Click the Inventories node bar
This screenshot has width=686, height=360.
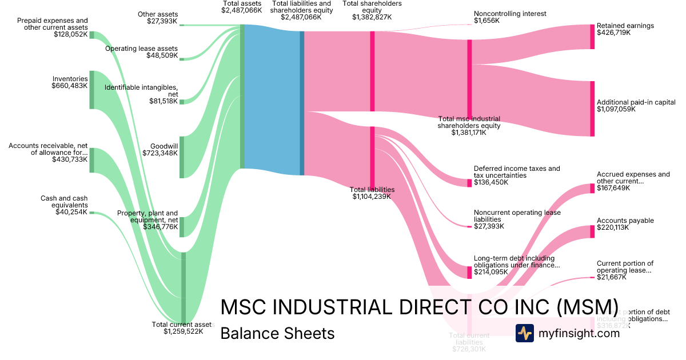click(x=91, y=90)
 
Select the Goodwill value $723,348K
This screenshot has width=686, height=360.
click(x=160, y=153)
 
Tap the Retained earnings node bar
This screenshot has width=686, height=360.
click(x=592, y=37)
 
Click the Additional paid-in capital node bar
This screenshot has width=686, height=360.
click(x=592, y=109)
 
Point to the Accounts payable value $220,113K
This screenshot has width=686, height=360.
click(x=613, y=227)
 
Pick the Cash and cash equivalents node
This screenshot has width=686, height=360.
click(x=91, y=213)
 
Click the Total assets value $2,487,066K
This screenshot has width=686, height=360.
click(x=242, y=10)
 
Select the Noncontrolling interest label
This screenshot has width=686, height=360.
click(x=510, y=14)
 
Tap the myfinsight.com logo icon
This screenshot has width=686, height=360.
click(x=524, y=333)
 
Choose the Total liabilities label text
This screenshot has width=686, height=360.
click(x=372, y=189)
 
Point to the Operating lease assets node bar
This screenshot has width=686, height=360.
click(x=182, y=57)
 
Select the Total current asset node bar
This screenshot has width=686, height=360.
click(x=184, y=287)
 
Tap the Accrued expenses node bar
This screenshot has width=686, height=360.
click(x=592, y=189)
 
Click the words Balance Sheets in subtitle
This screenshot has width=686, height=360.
click(x=277, y=333)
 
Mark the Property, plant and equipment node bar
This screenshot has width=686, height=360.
click(x=182, y=227)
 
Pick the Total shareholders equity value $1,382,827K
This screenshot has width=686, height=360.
click(x=372, y=17)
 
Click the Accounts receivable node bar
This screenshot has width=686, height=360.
click(x=91, y=160)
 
